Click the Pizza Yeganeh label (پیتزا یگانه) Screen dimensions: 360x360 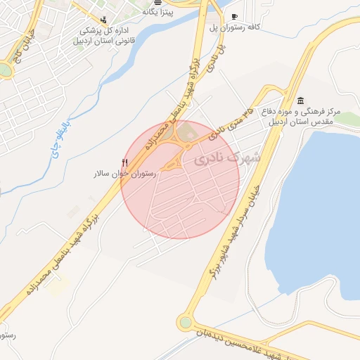tap(158, 12)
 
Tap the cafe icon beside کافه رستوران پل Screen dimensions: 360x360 tap(234, 16)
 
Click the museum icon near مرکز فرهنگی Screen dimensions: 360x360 tap(301, 100)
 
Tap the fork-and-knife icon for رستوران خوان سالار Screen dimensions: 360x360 tap(125, 162)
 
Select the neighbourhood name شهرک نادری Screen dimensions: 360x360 tap(226, 159)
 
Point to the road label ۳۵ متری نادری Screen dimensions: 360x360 tap(231, 122)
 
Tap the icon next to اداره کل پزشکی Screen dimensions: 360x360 tap(104, 20)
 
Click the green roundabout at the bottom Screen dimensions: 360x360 tap(185, 322)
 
